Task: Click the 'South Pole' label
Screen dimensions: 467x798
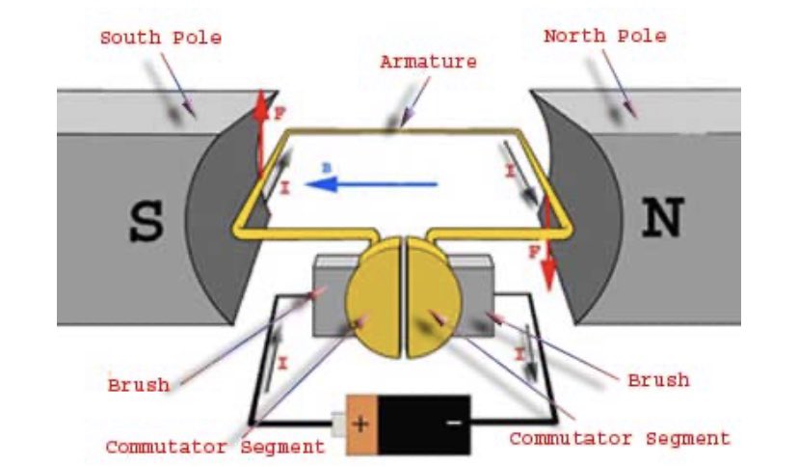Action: pos(160,39)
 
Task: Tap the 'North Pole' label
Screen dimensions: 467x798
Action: pos(604,37)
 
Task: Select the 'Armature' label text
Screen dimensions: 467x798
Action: pos(428,62)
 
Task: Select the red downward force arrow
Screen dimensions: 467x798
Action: pos(548,241)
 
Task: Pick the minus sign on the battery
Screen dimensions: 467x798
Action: pos(453,423)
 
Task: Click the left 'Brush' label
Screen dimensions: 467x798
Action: pos(139,385)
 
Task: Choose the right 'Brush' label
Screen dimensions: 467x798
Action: pos(658,379)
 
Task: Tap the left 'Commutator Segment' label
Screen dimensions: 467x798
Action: pos(215,447)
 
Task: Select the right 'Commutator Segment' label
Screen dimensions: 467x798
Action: pos(619,439)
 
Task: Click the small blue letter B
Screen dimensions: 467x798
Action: pos(327,168)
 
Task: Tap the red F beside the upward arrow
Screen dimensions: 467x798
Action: pos(280,114)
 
